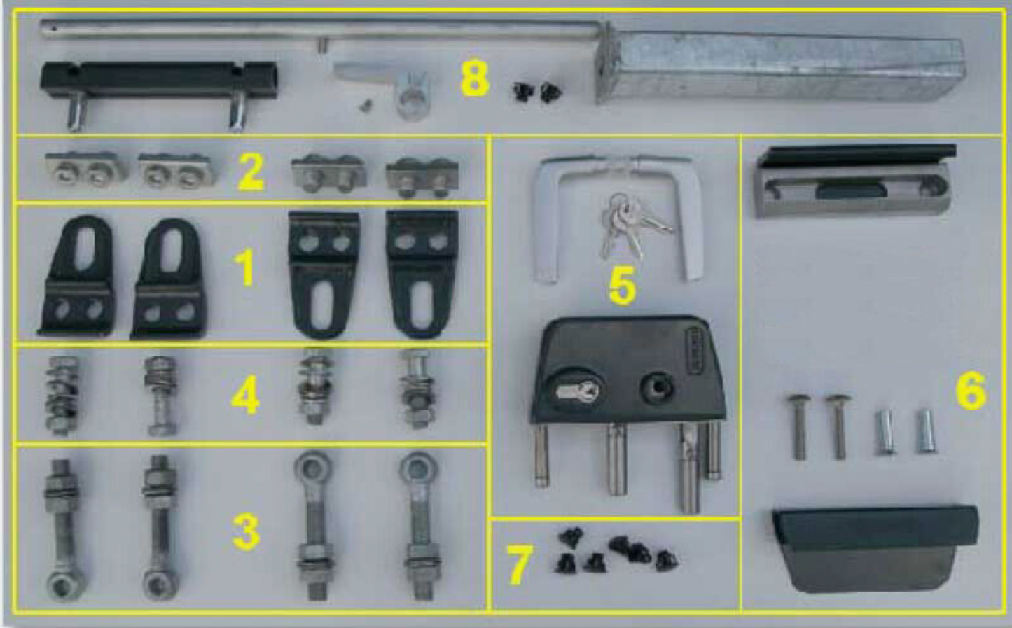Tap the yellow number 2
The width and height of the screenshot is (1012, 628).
pyautogui.click(x=250, y=171)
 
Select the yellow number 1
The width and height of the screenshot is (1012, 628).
pyautogui.click(x=247, y=269)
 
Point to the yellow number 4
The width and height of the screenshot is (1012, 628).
pyautogui.click(x=245, y=396)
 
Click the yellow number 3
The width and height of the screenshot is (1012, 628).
pyautogui.click(x=247, y=531)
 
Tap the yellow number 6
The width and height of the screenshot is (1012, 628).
pyautogui.click(x=971, y=391)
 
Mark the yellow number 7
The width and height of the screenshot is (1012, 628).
pyautogui.click(x=520, y=564)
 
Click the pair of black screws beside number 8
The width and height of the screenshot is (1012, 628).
pyautogui.click(x=538, y=92)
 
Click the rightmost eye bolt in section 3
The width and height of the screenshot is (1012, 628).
pyautogui.click(x=420, y=526)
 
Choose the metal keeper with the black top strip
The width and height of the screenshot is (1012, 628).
pyautogui.click(x=856, y=181)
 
